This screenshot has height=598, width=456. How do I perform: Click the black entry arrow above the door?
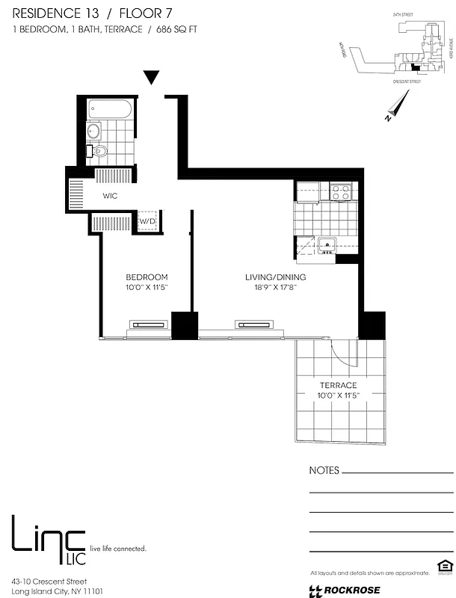click(152, 77)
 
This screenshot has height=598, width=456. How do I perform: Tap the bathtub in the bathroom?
click(109, 111)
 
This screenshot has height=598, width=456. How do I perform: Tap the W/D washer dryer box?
click(147, 221)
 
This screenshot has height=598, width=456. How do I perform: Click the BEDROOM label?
click(147, 277)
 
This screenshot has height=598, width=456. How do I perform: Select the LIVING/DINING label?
click(275, 277)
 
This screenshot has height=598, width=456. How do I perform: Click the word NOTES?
click(324, 471)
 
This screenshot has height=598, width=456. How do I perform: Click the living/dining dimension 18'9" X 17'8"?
click(275, 287)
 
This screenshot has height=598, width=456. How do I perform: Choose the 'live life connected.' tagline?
click(117, 549)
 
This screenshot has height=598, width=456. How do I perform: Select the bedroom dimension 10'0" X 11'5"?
click(147, 287)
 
